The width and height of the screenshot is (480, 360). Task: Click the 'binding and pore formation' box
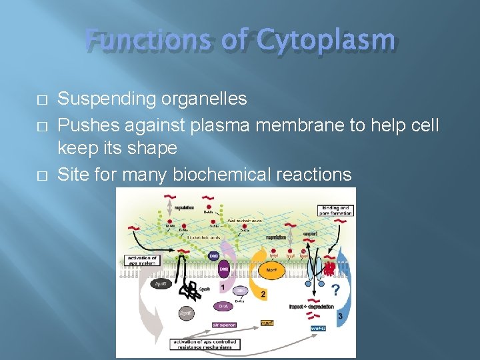[335, 210]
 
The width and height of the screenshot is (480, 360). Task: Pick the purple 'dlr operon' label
[224, 325]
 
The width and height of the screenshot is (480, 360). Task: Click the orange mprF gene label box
[267, 323]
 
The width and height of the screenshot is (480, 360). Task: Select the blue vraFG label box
[318, 328]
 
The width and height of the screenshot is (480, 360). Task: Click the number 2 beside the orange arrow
[264, 293]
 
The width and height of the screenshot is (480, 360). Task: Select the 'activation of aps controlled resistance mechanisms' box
[204, 345]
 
